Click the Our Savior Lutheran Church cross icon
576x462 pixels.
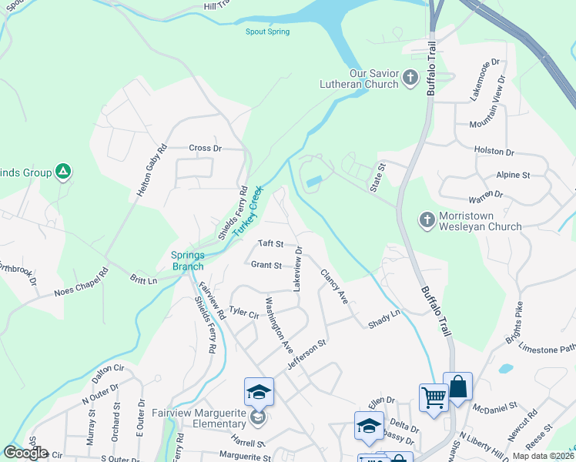(x=410, y=78)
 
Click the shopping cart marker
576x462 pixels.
(x=434, y=398)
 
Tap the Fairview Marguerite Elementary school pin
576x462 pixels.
(x=260, y=392)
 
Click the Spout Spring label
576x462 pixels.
(x=267, y=32)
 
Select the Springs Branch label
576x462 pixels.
(x=187, y=260)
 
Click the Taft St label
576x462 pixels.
(x=271, y=243)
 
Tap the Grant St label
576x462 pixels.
(x=266, y=265)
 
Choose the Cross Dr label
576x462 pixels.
(x=205, y=148)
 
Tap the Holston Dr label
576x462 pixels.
(x=494, y=152)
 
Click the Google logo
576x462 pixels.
(x=25, y=453)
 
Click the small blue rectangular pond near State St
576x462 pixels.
(x=313, y=182)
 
